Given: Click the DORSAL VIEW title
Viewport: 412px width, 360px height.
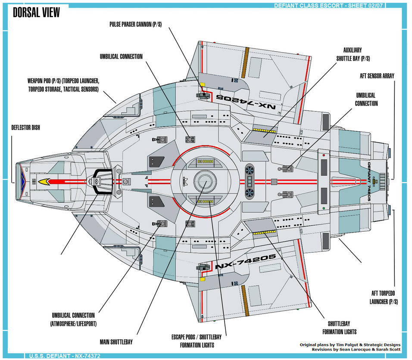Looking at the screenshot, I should click(36, 13).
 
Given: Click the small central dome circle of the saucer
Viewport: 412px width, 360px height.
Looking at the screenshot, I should click(203, 181).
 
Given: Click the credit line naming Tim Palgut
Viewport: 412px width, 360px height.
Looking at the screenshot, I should click(350, 345).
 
